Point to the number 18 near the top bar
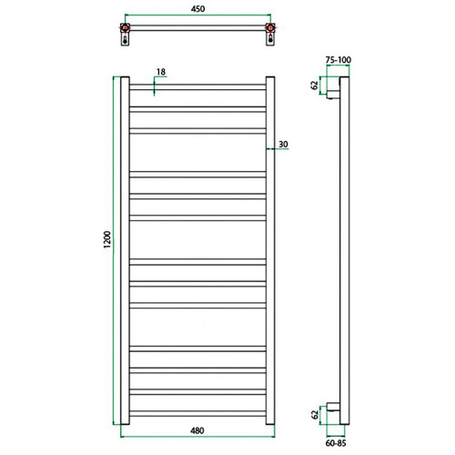point(160,72)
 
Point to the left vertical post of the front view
point(126,250)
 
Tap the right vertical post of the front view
point(270,250)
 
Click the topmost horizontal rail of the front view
point(197,88)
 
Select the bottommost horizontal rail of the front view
point(197,411)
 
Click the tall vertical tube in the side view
point(343,250)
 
